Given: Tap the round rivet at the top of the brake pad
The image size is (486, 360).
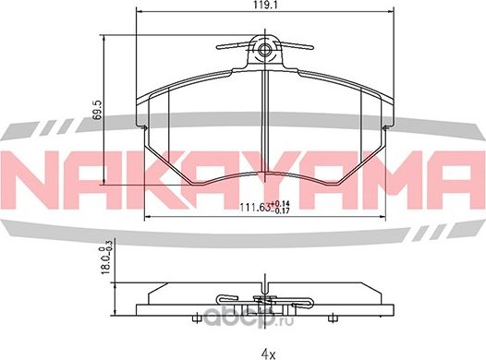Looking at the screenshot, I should point(266,51).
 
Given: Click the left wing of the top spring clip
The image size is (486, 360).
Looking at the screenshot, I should point(232,45).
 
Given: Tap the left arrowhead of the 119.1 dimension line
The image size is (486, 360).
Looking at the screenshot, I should point(139,13).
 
